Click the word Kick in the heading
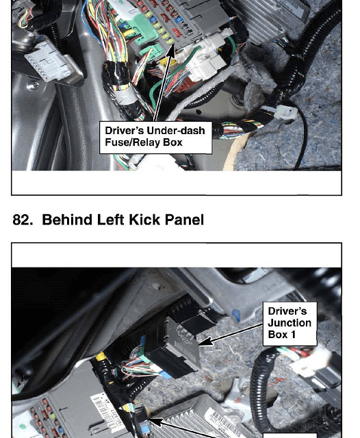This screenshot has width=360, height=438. (x=144, y=220)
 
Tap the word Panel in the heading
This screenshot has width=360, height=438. (x=184, y=220)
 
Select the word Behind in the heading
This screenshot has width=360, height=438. (x=67, y=220)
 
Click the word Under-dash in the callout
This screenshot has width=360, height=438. (x=176, y=131)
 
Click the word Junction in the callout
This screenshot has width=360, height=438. (x=290, y=323)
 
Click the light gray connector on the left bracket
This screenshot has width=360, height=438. (x=49, y=62)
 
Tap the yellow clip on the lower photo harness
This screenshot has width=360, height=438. (x=101, y=357)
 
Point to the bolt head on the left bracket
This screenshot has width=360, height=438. (x=34, y=85)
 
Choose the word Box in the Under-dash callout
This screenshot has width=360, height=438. (x=172, y=142)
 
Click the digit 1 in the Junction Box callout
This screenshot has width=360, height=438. (x=293, y=335)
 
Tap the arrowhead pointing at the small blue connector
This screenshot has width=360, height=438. (x=154, y=420)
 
